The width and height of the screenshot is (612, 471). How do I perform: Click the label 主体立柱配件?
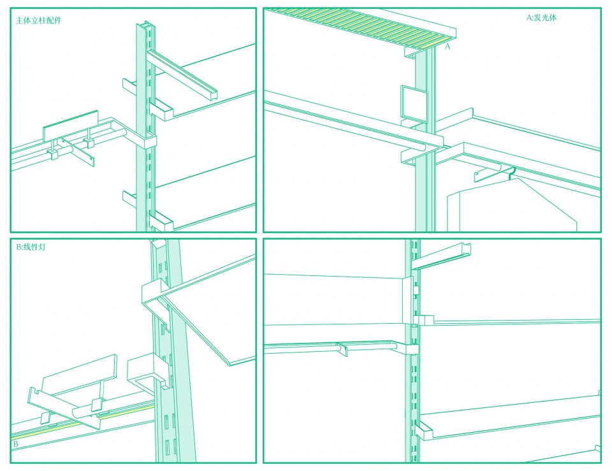point(39,20)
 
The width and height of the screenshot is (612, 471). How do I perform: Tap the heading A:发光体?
point(541,18)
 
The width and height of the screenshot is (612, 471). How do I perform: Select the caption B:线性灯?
point(31,247)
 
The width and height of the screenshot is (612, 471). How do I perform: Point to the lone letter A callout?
point(448,47)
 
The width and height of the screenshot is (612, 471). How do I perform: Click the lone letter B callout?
point(15,444)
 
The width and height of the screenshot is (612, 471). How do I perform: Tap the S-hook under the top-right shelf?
point(512,173)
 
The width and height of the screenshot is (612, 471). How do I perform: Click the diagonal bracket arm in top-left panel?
point(182,73)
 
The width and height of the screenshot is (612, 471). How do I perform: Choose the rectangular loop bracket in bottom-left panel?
point(147,373)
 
